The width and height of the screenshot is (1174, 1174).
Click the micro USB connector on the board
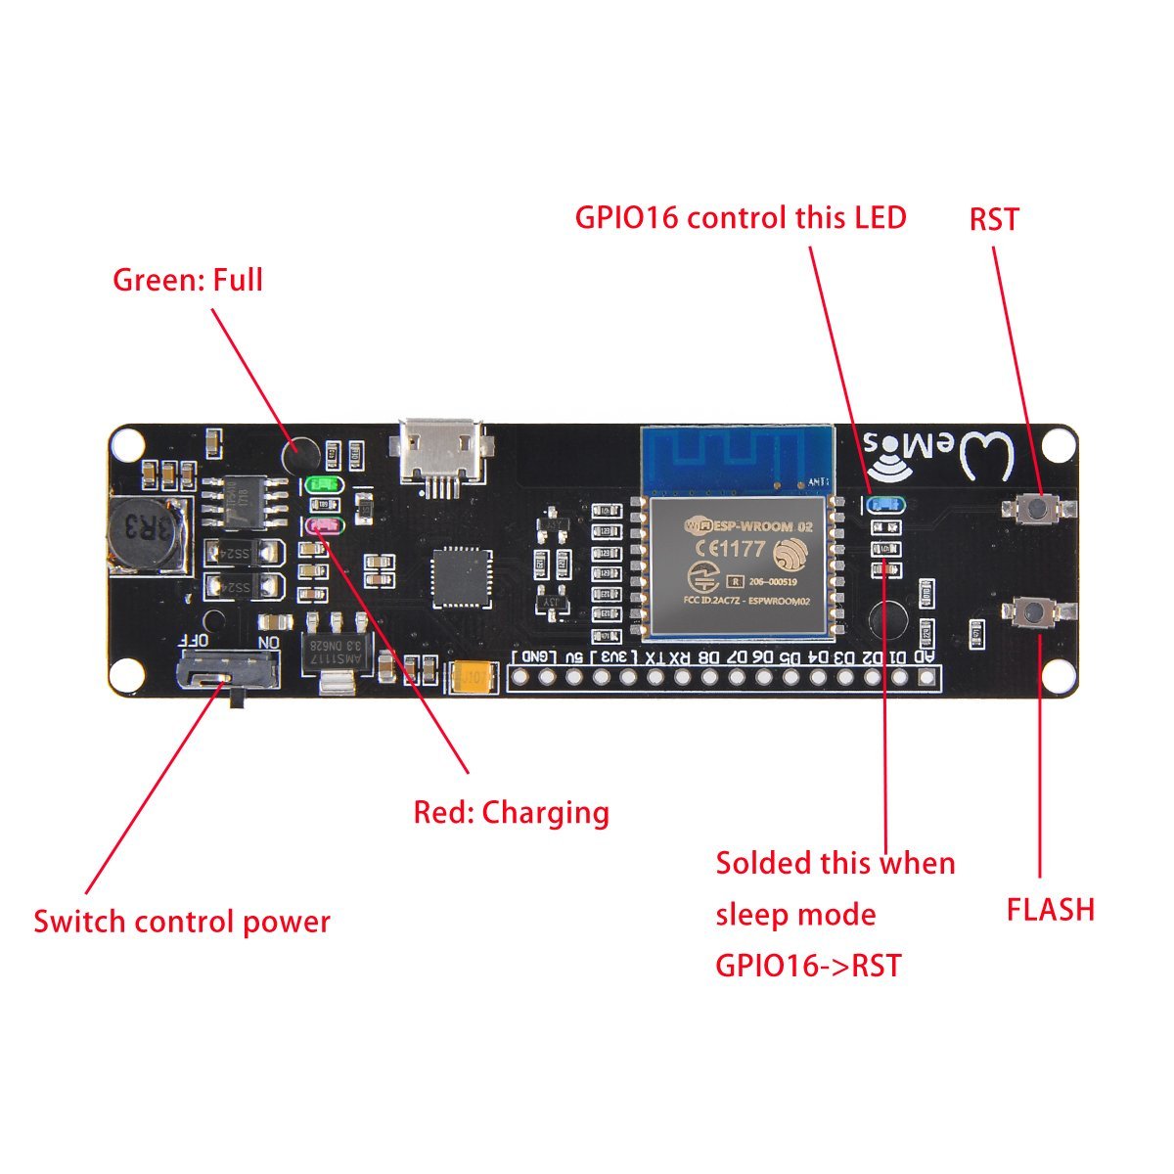pyautogui.click(x=440, y=452)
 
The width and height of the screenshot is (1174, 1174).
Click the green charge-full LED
pyautogui.click(x=321, y=483)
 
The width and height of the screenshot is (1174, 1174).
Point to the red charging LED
pyautogui.click(x=323, y=526)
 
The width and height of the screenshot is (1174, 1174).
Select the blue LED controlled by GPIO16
pyautogui.click(x=883, y=504)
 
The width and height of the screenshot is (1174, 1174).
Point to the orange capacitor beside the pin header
pyautogui.click(x=472, y=676)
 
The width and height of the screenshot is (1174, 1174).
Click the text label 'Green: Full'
pyautogui.click(x=188, y=281)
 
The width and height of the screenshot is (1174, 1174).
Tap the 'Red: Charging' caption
pyautogui.click(x=511, y=813)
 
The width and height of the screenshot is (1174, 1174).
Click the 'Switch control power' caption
pyautogui.click(x=182, y=922)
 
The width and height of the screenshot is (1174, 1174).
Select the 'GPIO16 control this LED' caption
pyautogui.click(x=741, y=217)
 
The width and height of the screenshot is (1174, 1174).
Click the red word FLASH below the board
pyautogui.click(x=1050, y=910)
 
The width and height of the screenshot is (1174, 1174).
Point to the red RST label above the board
pyautogui.click(x=993, y=220)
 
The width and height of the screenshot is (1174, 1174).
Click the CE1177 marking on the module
pyautogui.click(x=726, y=549)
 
